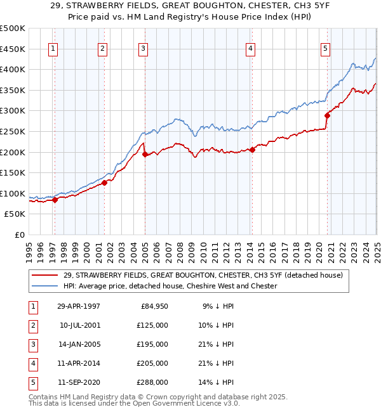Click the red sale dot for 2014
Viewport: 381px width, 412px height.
point(252,150)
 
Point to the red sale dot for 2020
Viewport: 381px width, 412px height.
point(327,115)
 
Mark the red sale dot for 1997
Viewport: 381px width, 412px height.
point(55,200)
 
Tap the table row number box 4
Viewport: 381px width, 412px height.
point(32,363)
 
